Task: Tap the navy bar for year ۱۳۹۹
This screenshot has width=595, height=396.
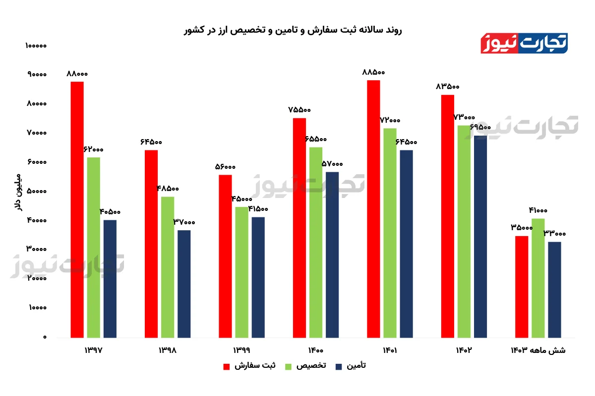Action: pos(258,277)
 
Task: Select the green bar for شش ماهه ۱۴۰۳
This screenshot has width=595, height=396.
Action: pos(538,278)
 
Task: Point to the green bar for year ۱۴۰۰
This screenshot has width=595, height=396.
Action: pos(316,243)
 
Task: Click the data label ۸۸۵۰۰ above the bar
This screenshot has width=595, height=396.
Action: pos(373,72)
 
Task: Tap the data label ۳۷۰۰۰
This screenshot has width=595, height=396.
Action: pos(184,222)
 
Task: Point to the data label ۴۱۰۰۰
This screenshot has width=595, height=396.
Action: pos(538,210)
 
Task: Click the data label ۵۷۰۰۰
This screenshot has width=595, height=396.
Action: pos(332,164)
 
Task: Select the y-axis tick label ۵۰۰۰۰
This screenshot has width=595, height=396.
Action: pos(36,192)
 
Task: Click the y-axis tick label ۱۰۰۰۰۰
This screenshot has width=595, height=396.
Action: pos(35,46)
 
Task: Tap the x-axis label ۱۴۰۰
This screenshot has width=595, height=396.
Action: pos(315,350)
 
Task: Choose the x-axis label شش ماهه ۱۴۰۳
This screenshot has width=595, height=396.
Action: pos(538,350)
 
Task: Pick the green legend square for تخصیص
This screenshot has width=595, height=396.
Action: pos(288,366)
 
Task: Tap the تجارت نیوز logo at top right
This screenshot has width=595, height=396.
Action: pos(524,44)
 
